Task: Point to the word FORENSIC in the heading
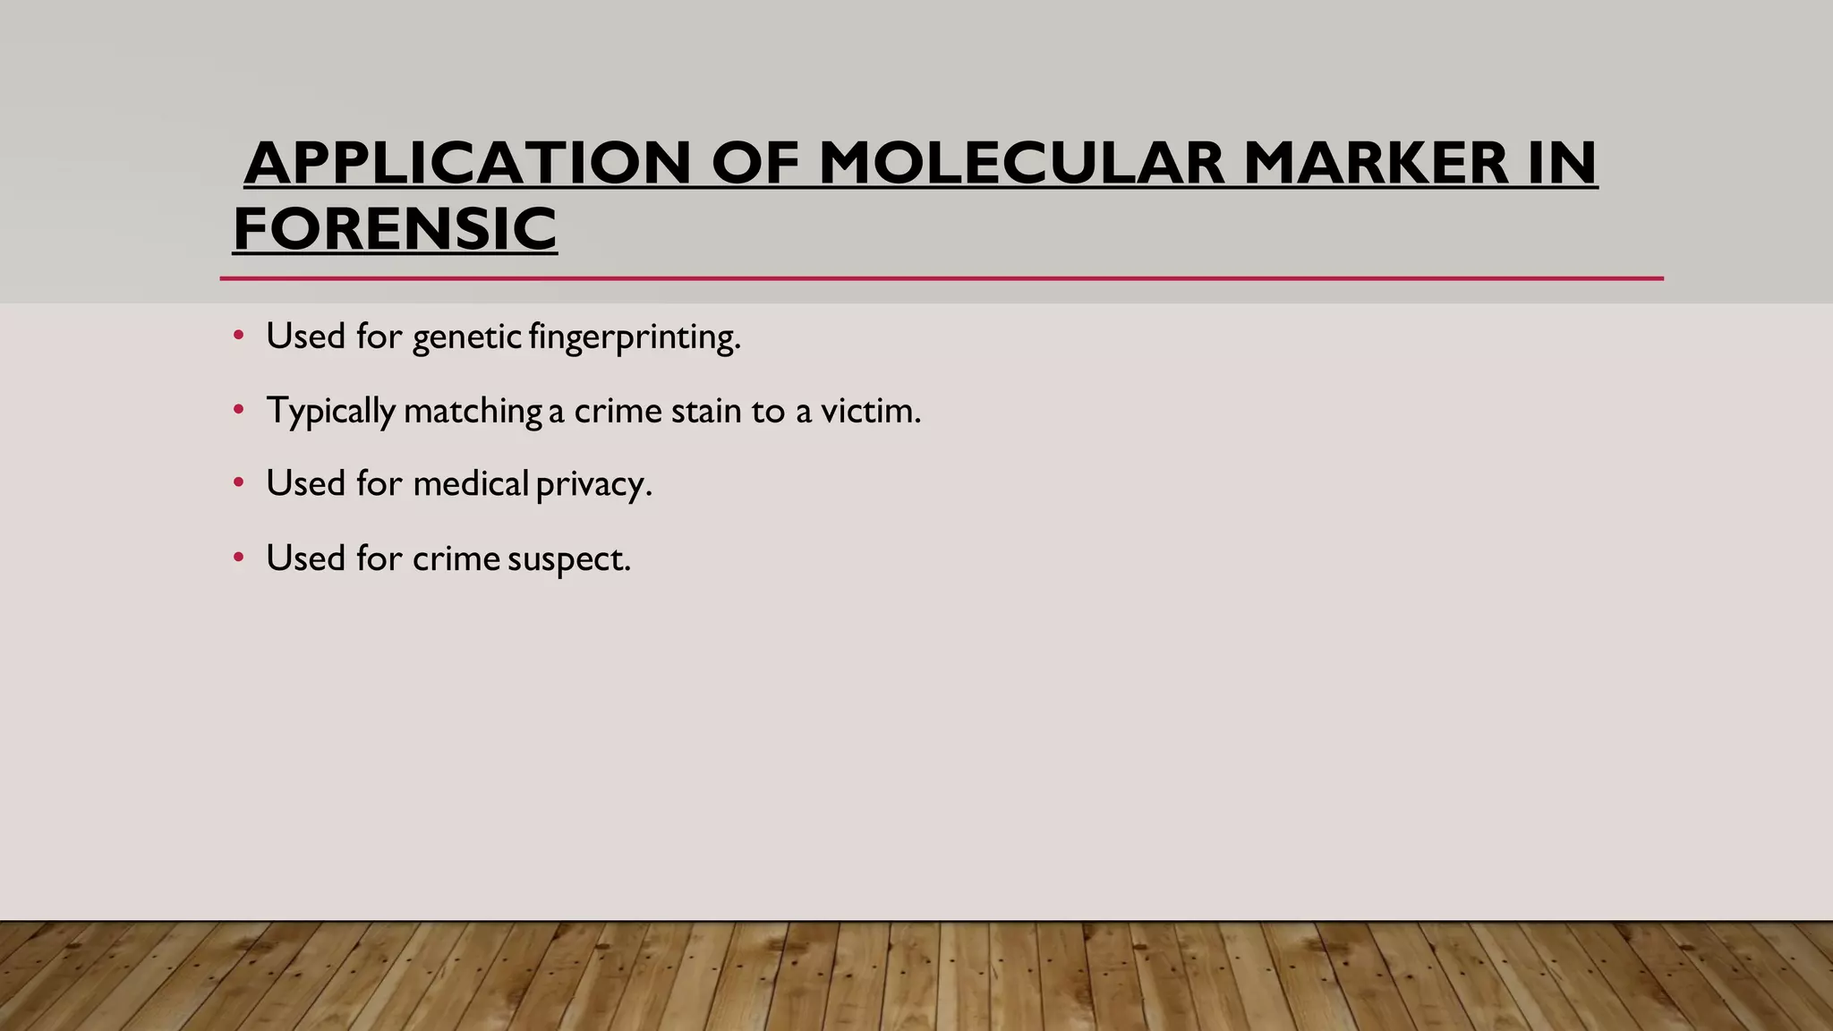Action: tap(395, 229)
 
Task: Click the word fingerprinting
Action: tap(635, 337)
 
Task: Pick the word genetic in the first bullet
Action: tap(466, 337)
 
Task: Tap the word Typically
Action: tap(330, 412)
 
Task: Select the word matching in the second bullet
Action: tap(473, 412)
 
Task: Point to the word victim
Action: tap(870, 411)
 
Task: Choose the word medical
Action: tap(471, 483)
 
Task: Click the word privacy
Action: tap(593, 485)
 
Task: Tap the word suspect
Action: tap(568, 559)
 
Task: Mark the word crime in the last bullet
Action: tap(456, 558)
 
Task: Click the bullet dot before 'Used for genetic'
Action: tap(238, 336)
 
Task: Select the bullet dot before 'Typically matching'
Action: tap(238, 410)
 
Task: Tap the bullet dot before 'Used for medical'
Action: tap(238, 482)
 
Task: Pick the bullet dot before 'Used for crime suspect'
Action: tap(238, 558)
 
